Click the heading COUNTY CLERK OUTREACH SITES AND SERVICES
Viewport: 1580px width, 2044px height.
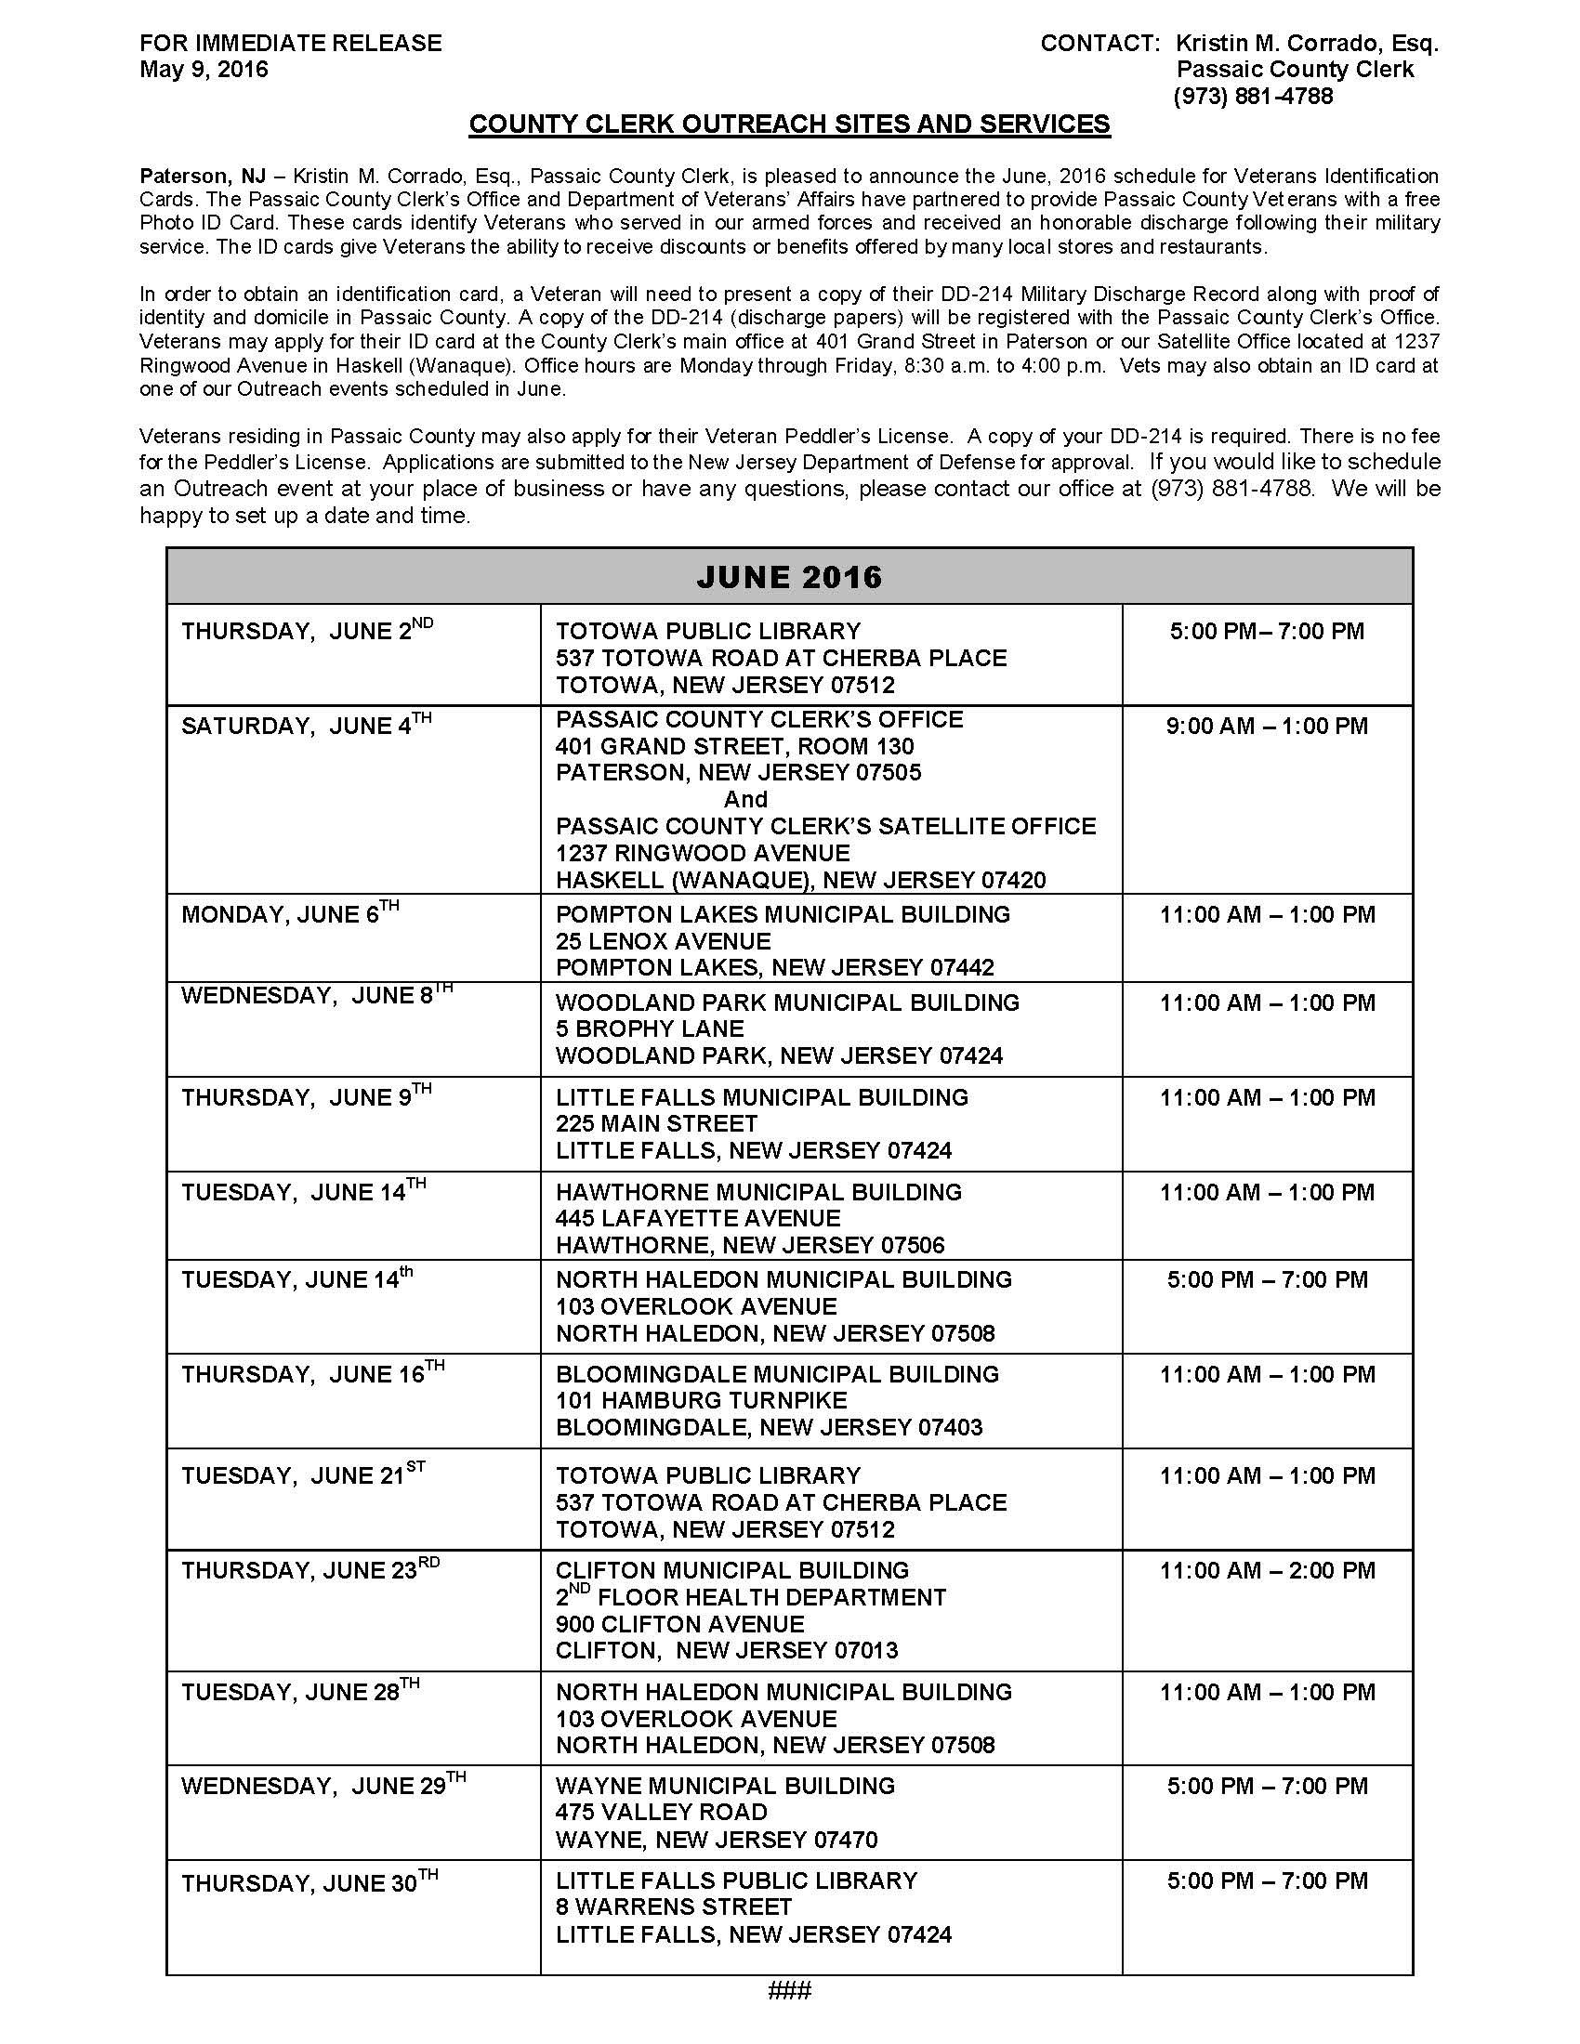click(789, 124)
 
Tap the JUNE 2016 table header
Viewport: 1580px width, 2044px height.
click(789, 577)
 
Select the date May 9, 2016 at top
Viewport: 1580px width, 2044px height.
click(204, 70)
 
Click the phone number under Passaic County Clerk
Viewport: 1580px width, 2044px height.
click(1253, 96)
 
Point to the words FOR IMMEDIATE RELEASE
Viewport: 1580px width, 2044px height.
click(290, 43)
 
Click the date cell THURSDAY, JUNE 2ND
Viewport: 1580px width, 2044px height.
click(307, 631)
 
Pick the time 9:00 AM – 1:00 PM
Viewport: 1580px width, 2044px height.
click(1267, 727)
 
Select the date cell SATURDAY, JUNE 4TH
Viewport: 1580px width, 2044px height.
click(306, 726)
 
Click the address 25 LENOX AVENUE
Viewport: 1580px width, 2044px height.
click(664, 940)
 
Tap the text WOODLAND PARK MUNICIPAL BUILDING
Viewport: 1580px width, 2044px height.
click(787, 1002)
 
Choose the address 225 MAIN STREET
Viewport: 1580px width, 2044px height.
click(656, 1123)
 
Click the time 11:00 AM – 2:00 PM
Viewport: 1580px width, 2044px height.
click(1268, 1570)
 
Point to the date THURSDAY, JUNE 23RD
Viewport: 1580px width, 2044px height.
click(309, 1569)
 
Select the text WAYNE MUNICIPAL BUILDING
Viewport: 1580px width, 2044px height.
click(725, 1786)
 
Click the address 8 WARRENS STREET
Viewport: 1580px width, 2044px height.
click(673, 1907)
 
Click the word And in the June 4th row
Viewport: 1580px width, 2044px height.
click(745, 799)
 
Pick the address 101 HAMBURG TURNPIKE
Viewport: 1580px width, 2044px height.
click(701, 1400)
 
